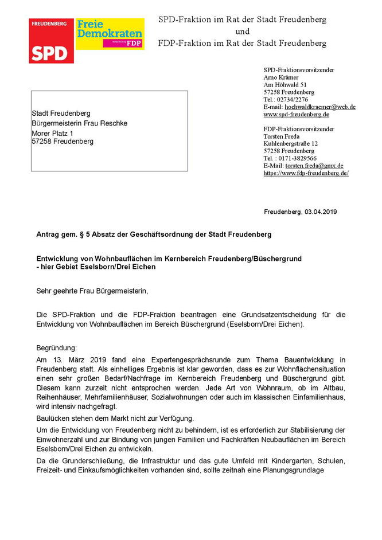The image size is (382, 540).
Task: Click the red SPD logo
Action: coord(52,40)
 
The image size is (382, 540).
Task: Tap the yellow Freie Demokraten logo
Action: coord(110,33)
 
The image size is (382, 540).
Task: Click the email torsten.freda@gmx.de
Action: coord(314,165)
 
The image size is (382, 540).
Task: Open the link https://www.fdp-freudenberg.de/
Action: coord(306,173)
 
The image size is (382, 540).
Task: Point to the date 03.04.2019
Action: coord(321,212)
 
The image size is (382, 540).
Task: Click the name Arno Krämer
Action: coord(282,77)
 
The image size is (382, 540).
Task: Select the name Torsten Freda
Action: coord(282,136)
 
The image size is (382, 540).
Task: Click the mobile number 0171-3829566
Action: coord(297,158)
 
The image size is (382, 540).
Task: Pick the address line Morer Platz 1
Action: coord(55,132)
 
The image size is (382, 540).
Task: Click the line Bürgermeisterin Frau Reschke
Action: coord(79,123)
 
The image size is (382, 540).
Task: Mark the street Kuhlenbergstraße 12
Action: coord(290,143)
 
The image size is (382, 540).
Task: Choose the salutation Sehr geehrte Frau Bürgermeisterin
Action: coord(92,291)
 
